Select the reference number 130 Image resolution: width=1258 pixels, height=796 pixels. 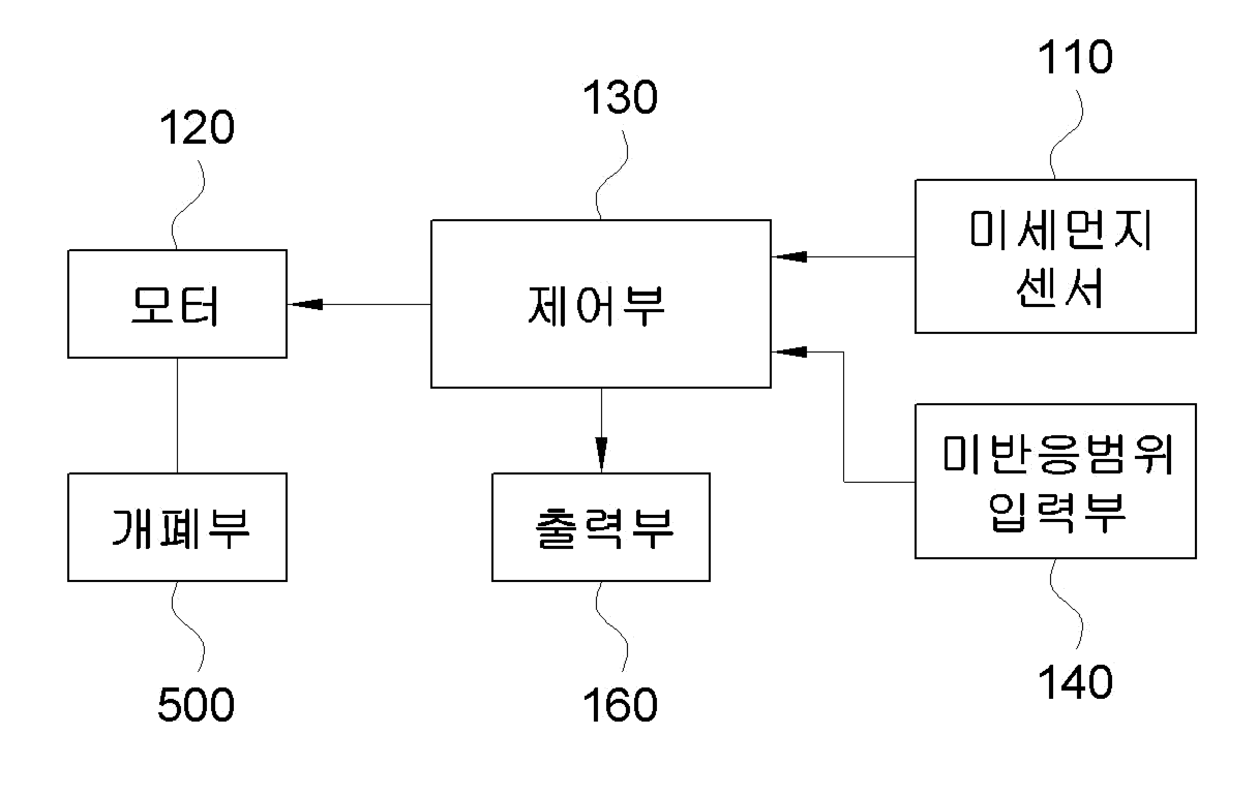620,97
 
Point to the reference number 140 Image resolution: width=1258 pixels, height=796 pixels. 1075,682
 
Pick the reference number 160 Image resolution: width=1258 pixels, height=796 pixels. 620,705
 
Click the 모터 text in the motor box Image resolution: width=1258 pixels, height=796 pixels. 174,305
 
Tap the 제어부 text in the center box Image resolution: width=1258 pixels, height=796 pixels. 596,306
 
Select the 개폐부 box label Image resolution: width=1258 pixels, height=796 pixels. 181,528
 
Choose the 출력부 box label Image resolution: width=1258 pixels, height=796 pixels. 605,528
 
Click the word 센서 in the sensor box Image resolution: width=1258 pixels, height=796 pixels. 1059,288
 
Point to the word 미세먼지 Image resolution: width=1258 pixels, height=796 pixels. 1060,229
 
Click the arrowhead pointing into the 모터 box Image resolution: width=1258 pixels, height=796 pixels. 305,304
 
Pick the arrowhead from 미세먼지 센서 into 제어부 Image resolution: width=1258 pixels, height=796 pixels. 789,257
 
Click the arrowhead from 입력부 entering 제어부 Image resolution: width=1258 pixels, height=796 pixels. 789,352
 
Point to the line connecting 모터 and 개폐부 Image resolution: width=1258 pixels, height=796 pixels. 177,416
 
